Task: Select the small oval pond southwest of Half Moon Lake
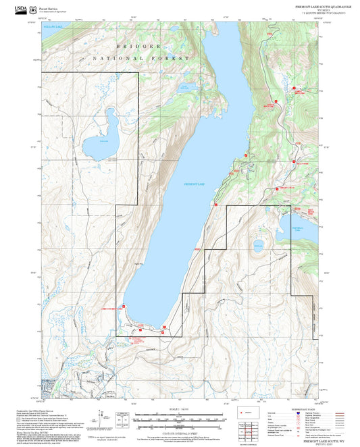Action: [x=258, y=246]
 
